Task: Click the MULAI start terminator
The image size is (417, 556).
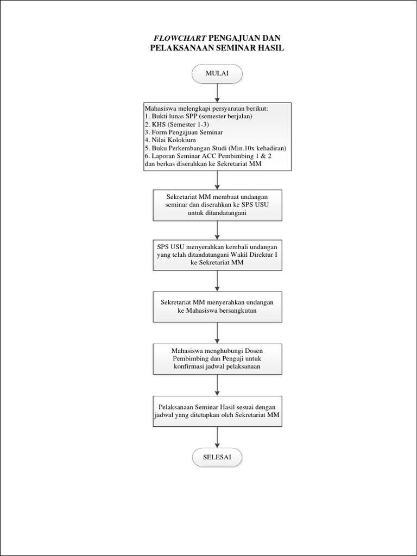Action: click(217, 74)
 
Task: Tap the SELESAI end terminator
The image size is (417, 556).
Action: click(217, 457)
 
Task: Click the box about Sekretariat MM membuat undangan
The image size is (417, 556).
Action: click(217, 205)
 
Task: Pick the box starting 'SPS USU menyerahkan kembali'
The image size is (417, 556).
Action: click(217, 254)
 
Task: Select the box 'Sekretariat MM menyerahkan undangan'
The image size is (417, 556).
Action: click(217, 306)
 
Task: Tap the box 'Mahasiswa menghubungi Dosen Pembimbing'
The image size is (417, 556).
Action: click(217, 358)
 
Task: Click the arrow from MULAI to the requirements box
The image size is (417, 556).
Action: click(217, 92)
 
